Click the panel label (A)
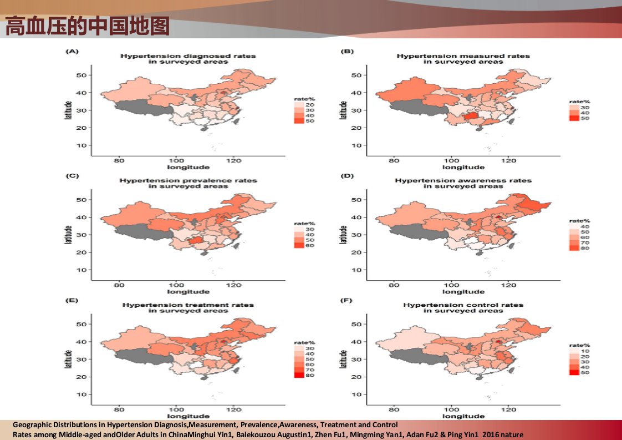click(x=72, y=51)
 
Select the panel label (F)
click(x=346, y=300)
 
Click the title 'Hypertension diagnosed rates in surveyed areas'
click(x=188, y=59)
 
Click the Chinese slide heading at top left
click(x=87, y=26)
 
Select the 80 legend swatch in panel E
click(x=299, y=375)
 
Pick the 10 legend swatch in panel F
click(x=574, y=351)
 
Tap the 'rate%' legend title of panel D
click(x=579, y=221)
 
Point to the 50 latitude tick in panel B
click(x=356, y=75)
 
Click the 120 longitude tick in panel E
click(x=233, y=409)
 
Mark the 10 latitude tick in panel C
click(x=81, y=270)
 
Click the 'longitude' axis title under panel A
click(x=188, y=167)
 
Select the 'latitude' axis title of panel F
click(x=344, y=359)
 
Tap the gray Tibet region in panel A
click(x=144, y=108)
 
